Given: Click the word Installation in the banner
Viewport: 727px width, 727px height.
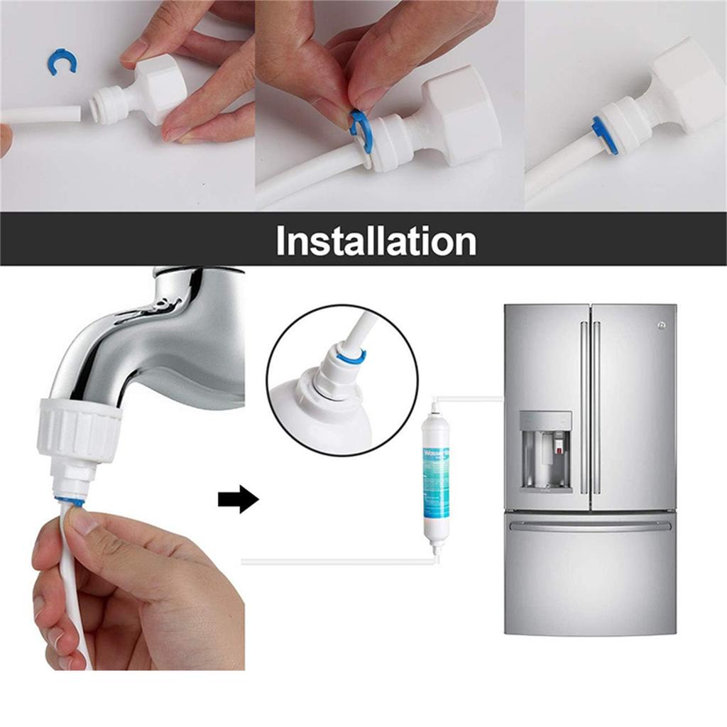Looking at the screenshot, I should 376,241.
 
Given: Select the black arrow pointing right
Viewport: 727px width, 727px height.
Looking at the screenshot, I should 238,500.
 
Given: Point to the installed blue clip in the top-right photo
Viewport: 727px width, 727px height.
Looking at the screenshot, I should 604,136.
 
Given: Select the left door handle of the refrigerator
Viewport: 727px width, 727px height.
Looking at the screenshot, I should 584,408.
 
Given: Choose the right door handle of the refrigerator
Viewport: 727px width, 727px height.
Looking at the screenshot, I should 597,408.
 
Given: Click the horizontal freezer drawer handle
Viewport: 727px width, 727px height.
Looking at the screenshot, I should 590,525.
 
